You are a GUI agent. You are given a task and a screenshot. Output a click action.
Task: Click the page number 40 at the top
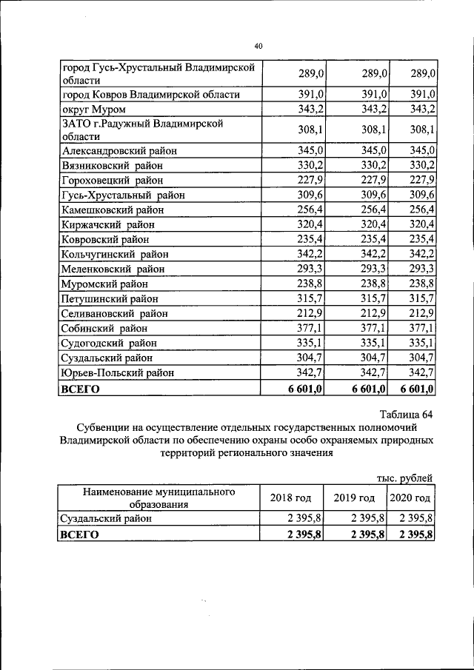[x=258, y=46]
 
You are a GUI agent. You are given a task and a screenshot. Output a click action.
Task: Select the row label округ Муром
[x=94, y=109]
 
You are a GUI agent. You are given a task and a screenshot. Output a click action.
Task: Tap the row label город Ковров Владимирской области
[x=150, y=94]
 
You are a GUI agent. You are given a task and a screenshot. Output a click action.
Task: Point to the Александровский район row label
[x=119, y=150]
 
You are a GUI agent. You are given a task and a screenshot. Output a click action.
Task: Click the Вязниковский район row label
[x=113, y=165]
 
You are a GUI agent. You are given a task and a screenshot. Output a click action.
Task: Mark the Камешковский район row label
[x=116, y=210]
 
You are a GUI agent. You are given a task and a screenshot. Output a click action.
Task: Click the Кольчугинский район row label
[x=117, y=254]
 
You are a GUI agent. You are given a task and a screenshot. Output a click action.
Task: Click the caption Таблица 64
[x=404, y=414]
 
